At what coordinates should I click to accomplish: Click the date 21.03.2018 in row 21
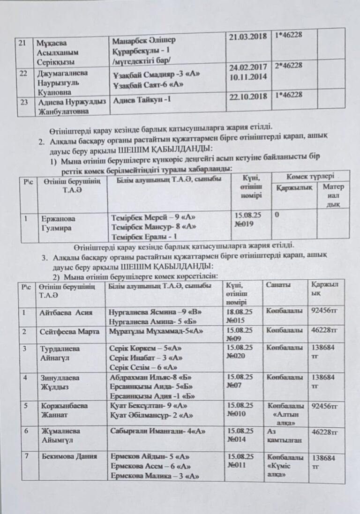coord(249,37)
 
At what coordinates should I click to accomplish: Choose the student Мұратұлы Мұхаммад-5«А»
coord(156,331)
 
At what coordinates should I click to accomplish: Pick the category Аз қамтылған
coord(283,435)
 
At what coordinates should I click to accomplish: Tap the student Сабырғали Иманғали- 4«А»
coord(157,431)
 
